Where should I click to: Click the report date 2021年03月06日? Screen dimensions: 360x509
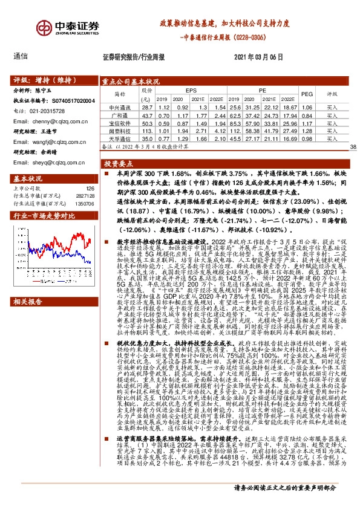[258, 56]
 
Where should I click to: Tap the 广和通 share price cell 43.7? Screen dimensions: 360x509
[145, 114]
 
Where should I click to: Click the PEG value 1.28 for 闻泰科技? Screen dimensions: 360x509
[307, 130]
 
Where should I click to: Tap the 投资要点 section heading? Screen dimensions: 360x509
[115, 164]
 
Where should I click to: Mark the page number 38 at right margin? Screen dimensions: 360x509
[353, 148]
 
